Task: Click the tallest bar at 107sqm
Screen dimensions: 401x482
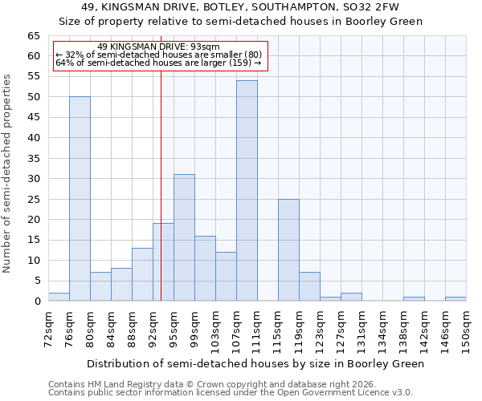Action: pyautogui.click(x=247, y=191)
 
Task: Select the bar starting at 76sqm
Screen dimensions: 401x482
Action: pyautogui.click(x=80, y=199)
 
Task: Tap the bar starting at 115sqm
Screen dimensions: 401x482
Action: pyautogui.click(x=288, y=250)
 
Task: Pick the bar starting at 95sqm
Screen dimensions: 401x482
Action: pyautogui.click(x=184, y=237)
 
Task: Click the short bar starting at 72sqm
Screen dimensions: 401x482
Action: pyautogui.click(x=59, y=297)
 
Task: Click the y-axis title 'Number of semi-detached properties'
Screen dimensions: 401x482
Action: pyautogui.click(x=8, y=173)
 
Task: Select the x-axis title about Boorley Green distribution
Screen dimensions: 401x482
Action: pyautogui.click(x=255, y=363)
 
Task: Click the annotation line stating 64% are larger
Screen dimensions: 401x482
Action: pyautogui.click(x=158, y=63)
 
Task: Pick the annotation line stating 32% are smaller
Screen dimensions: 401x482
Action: pyautogui.click(x=158, y=55)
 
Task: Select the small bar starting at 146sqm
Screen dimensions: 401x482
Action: pyautogui.click(x=455, y=298)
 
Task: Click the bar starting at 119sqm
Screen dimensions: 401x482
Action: pyautogui.click(x=309, y=286)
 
